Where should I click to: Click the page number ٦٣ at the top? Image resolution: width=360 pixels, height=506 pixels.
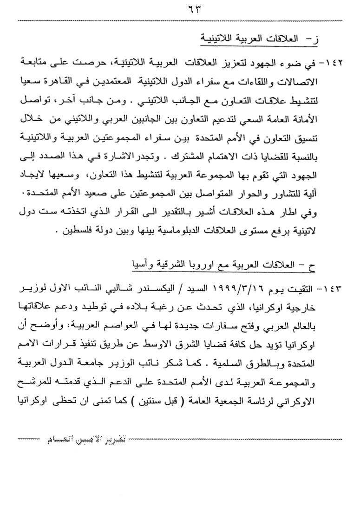point(180,9)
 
